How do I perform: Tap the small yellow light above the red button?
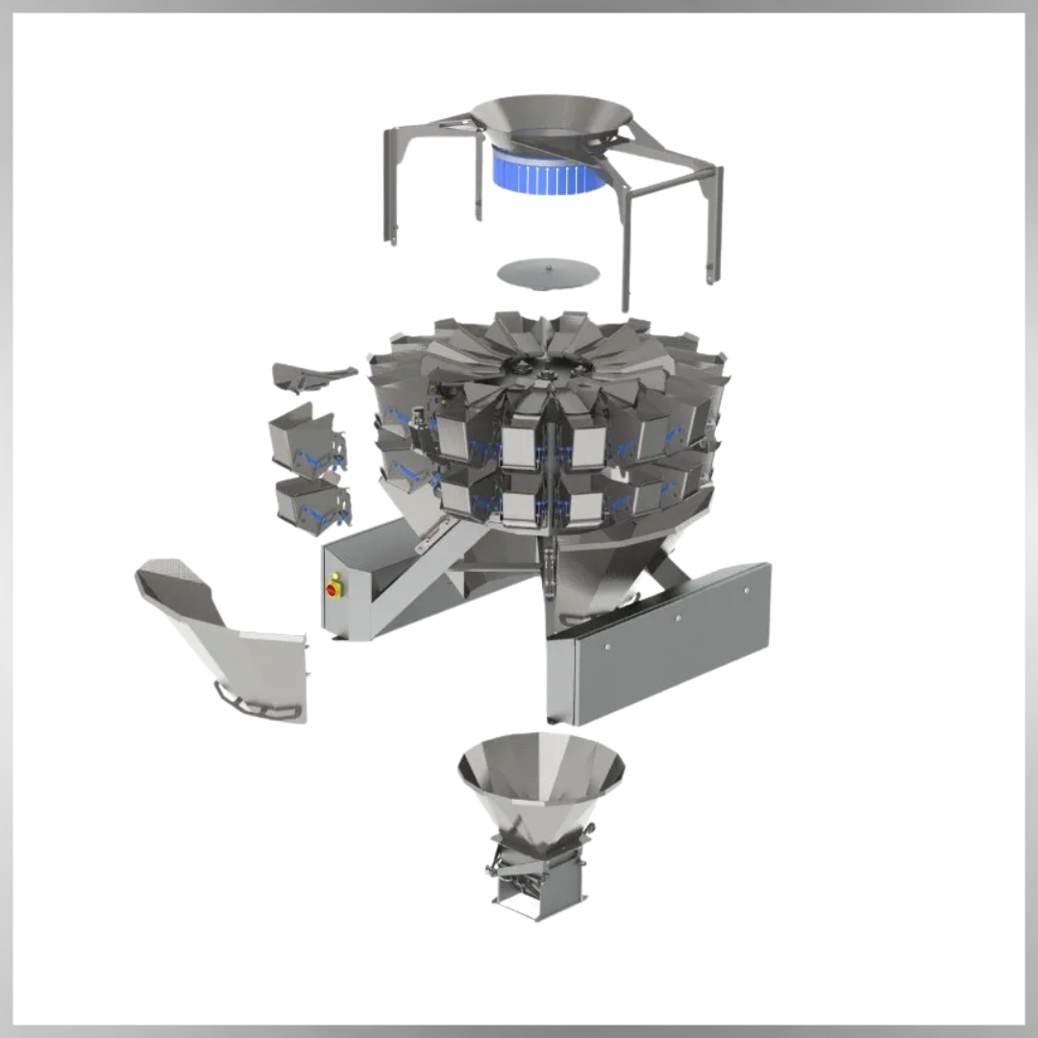tap(334, 578)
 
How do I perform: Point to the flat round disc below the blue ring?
tap(547, 271)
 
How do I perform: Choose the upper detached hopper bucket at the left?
tap(306, 440)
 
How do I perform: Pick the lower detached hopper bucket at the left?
tap(310, 501)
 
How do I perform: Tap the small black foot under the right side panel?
tap(552, 718)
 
